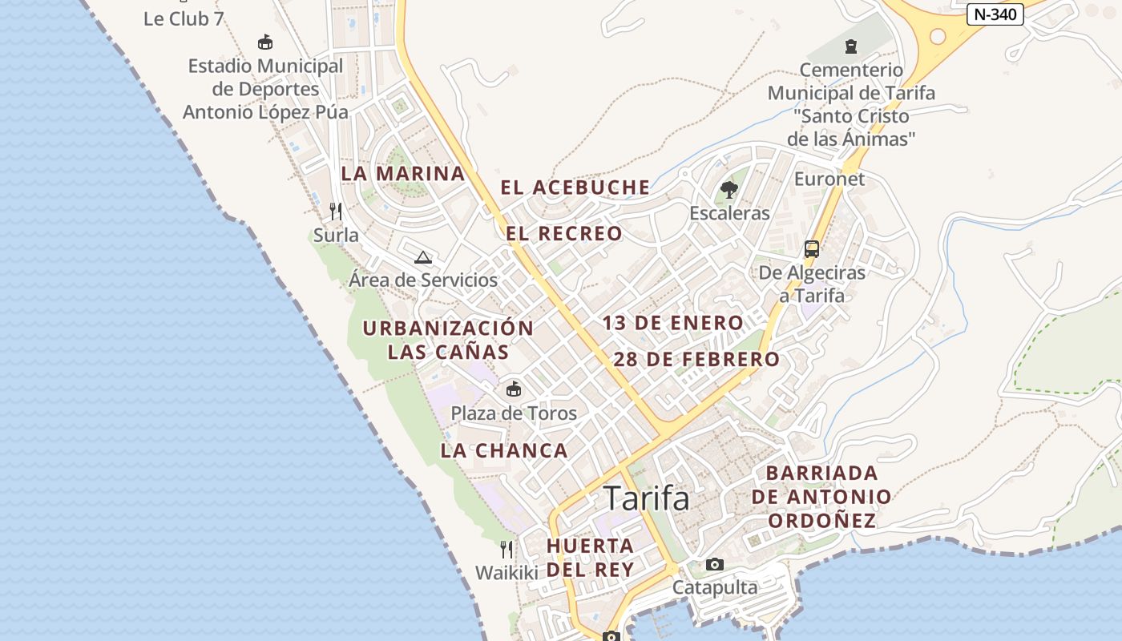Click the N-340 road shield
tap(995, 14)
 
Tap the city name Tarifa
tap(646, 498)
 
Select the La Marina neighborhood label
tap(403, 173)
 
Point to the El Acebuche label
tap(575, 187)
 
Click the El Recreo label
tap(564, 233)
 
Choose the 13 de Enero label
tap(673, 323)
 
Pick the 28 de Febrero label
tap(696, 359)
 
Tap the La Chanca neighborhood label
tap(504, 450)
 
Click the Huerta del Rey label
tap(591, 557)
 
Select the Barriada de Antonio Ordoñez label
tap(821, 497)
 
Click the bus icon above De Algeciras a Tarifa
tap(812, 248)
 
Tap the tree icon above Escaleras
tap(729, 190)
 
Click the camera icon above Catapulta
tap(715, 564)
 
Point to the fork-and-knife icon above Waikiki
tap(507, 549)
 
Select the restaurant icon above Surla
tap(336, 212)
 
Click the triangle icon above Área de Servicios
tap(423, 257)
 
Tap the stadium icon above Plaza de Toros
tap(514, 389)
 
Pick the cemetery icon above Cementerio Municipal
tap(851, 46)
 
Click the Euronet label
tap(829, 179)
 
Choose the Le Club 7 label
tap(184, 18)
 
